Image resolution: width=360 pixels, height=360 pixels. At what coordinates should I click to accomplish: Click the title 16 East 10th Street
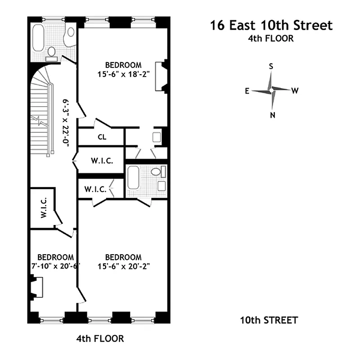(271, 25)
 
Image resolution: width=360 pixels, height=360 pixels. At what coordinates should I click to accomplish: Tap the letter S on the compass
(271, 66)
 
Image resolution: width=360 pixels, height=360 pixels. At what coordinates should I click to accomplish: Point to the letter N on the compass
(272, 115)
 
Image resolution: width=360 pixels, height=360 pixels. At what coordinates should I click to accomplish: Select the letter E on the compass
(247, 91)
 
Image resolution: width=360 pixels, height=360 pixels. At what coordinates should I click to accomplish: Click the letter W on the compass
(295, 91)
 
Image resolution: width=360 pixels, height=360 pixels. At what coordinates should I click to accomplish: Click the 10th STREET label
(269, 320)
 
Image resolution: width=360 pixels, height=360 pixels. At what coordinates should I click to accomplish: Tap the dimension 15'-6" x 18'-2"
(123, 74)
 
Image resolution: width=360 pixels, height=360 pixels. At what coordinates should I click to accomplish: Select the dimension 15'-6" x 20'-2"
(123, 266)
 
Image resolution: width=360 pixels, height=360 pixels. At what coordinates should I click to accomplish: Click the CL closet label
(102, 137)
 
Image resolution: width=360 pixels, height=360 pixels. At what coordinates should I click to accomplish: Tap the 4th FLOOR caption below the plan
(100, 338)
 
